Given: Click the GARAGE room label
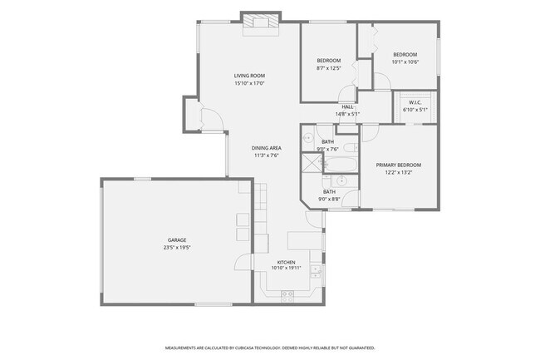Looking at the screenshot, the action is pos(177,240).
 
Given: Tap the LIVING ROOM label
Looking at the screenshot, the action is pos(249,76).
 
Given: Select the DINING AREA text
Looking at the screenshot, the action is pos(266,148).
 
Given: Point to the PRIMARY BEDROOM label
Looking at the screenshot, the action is pos(399,165).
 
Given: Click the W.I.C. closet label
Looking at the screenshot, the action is pos(415,102).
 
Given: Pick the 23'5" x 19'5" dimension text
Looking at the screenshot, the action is pos(177,248).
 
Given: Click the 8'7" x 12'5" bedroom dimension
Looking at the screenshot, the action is pos(329,68).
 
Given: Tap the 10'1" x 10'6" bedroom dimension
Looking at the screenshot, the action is pos(405,62).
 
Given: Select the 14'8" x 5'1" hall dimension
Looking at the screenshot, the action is pos(348,114).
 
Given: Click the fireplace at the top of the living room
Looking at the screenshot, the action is pos(260,22).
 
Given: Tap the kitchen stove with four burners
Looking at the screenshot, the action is pos(287,296).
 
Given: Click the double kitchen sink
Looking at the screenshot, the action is pos(316,272).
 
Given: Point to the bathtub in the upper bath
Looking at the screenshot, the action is pos(341,165).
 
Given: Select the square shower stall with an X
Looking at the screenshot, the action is pos(312,163).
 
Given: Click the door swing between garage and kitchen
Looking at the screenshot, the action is pos(243,262).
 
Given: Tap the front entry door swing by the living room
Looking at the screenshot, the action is pos(212,120).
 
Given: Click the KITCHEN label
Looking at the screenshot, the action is pos(286,263).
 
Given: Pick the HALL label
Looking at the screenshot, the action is pos(347,106).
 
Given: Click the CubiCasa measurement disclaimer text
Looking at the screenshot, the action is pos(270,348).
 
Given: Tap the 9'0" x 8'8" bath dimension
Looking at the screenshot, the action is pos(329,199).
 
